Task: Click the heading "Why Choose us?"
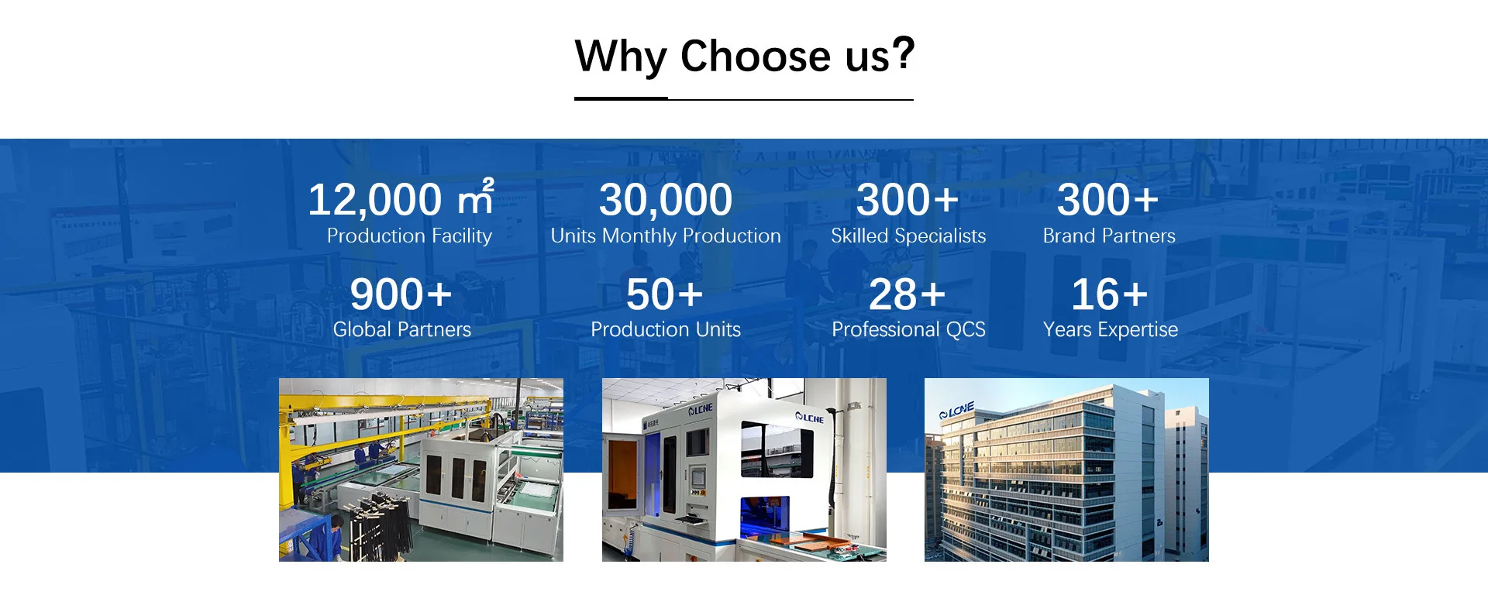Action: [x=744, y=56]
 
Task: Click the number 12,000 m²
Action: [x=401, y=198]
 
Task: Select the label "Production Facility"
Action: [x=409, y=236]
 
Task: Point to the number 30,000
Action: [x=666, y=200]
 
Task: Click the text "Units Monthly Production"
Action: [x=666, y=236]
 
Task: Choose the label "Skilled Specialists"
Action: [x=908, y=236]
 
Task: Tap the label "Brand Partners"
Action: [x=1109, y=236]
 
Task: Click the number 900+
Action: [x=401, y=294]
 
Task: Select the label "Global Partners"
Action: [x=402, y=329]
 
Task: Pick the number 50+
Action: [x=665, y=294]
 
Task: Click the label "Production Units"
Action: [x=666, y=329]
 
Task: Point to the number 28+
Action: [x=908, y=294]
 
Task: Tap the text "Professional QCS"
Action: [x=908, y=329]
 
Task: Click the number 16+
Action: [x=1109, y=294]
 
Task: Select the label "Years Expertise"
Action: [x=1111, y=329]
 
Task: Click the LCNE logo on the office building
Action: [x=956, y=411]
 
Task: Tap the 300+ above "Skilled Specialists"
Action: [x=908, y=200]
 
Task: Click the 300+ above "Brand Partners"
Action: [x=1108, y=200]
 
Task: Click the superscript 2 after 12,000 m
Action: [x=488, y=184]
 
